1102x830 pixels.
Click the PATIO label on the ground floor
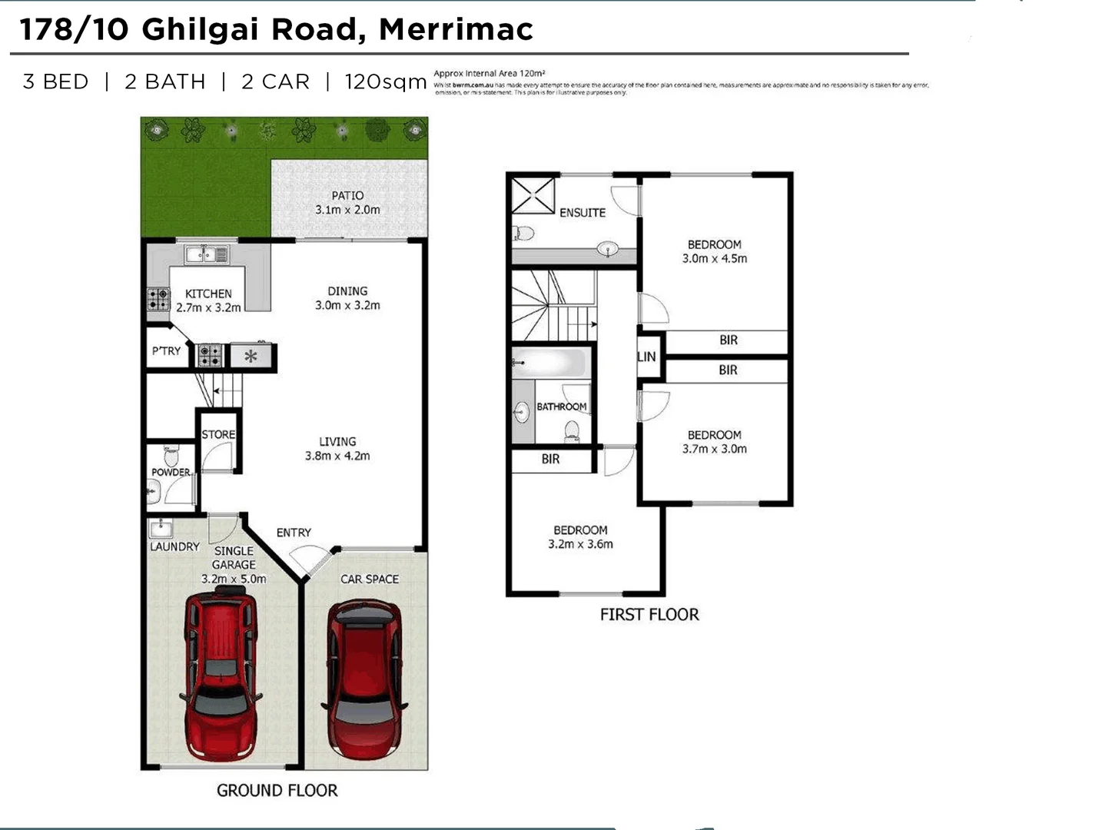click(347, 195)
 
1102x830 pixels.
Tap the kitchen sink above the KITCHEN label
click(206, 254)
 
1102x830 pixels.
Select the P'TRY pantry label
click(166, 351)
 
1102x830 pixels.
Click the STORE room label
click(218, 434)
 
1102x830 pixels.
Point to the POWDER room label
click(171, 472)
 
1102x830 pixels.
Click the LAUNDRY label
click(174, 546)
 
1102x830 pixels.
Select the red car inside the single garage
click(219, 672)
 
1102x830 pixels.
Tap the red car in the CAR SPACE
click(364, 676)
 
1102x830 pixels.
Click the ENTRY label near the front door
click(294, 533)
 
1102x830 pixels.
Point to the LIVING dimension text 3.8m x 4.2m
click(337, 456)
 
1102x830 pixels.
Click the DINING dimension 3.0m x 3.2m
click(347, 305)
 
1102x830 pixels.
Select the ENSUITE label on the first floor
click(583, 213)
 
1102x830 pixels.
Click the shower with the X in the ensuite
click(533, 195)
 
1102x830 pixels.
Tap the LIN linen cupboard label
click(647, 357)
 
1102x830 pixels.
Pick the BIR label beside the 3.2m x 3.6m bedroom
click(550, 460)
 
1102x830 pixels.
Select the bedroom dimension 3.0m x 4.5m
click(715, 259)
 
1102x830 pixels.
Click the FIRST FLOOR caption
click(649, 615)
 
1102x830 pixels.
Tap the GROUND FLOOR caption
click(277, 791)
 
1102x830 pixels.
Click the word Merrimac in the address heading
click(456, 30)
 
